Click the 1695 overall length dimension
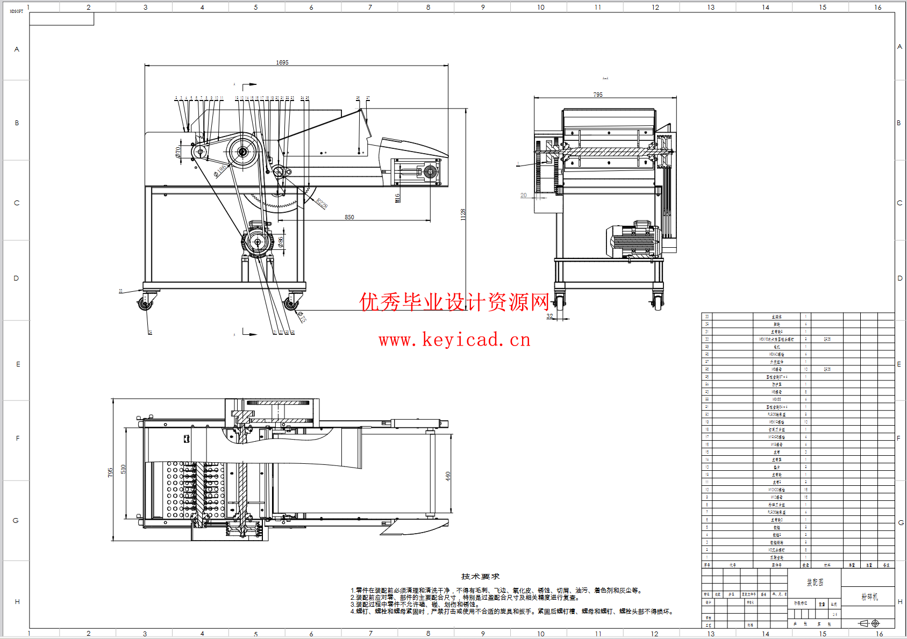click(x=282, y=62)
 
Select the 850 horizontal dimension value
click(x=349, y=217)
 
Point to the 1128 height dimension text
click(x=463, y=214)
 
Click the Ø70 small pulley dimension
click(x=178, y=152)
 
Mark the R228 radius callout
click(x=322, y=203)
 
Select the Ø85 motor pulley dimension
click(x=281, y=242)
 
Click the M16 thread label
click(x=398, y=198)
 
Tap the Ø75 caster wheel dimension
click(x=302, y=317)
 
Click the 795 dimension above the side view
click(x=598, y=95)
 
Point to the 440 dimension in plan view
click(x=448, y=476)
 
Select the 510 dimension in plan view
click(x=123, y=469)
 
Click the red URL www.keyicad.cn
click(x=454, y=340)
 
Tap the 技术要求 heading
click(x=480, y=576)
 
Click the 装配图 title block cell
click(x=815, y=583)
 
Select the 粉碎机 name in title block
click(x=869, y=597)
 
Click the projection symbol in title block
click(x=869, y=623)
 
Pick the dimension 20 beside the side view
click(x=524, y=195)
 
